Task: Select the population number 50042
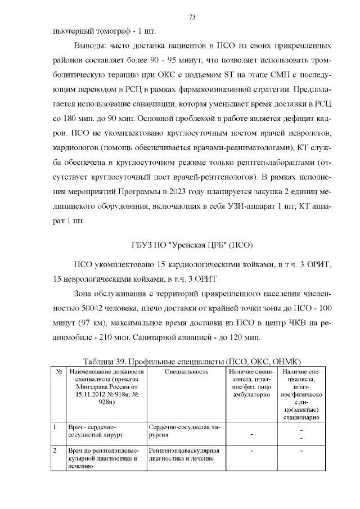click(x=82, y=308)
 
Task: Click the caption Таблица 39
click(x=108, y=361)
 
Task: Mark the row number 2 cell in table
click(x=55, y=451)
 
